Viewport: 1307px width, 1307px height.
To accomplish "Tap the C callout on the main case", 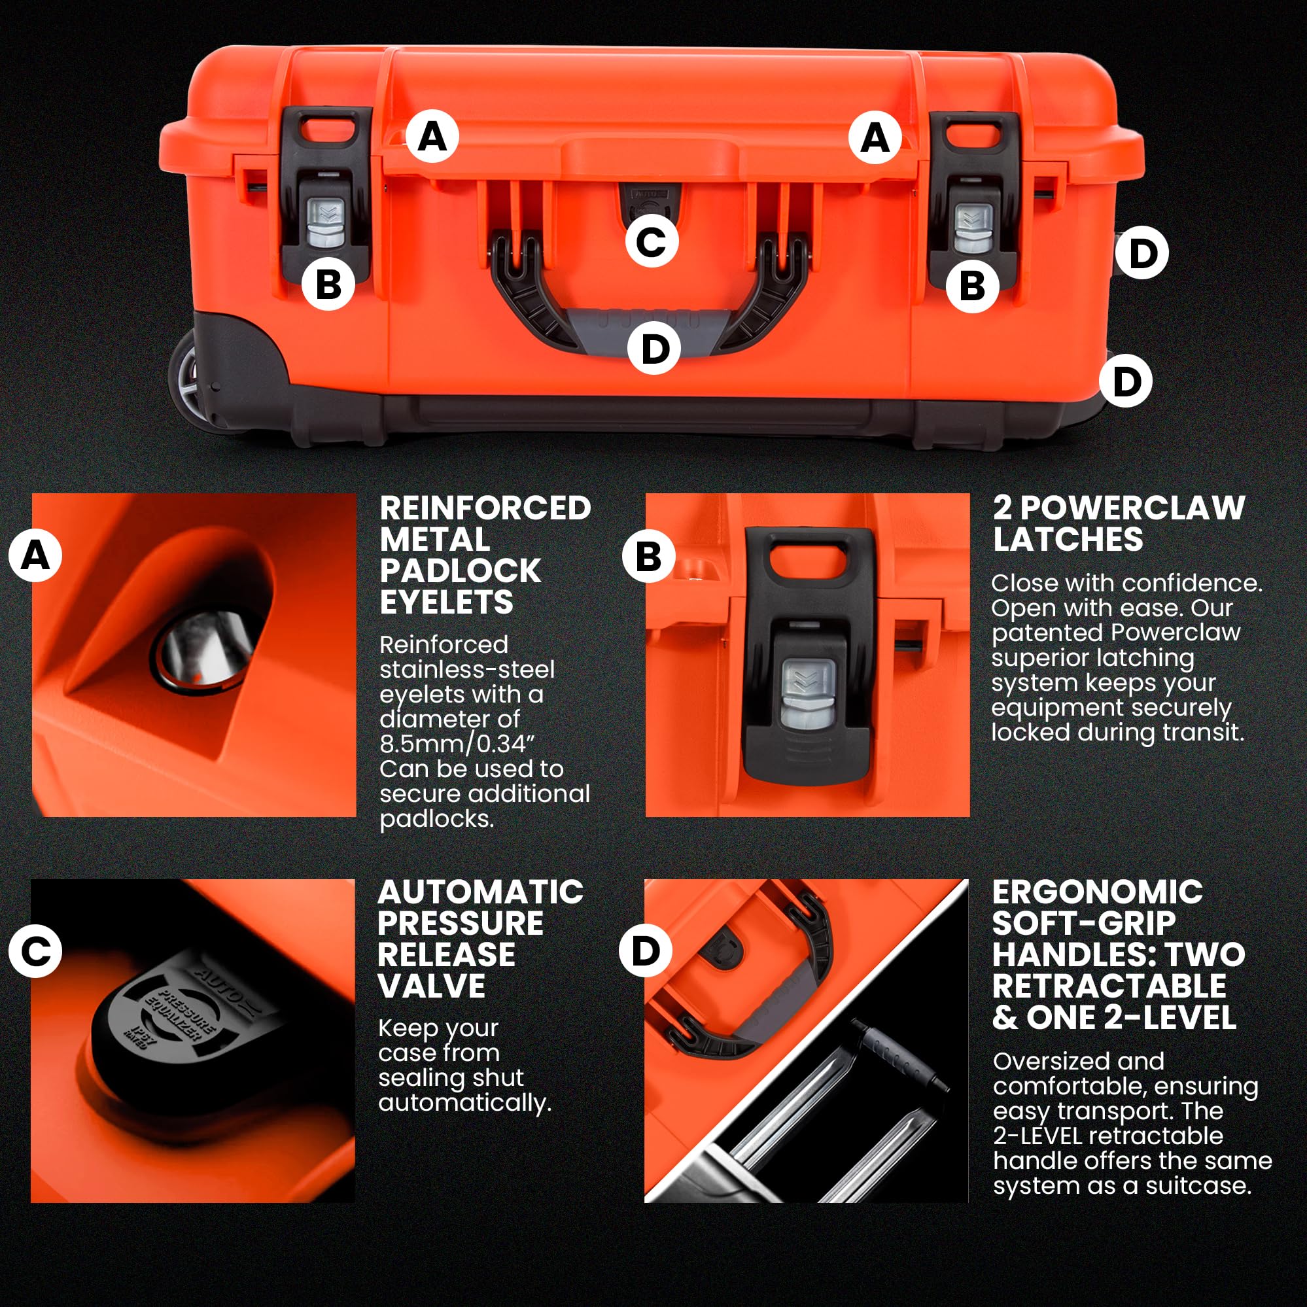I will coord(652,241).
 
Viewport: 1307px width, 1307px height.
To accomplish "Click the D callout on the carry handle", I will coord(653,349).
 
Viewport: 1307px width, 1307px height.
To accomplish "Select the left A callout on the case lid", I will coord(433,136).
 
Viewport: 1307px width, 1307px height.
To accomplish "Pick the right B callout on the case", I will coord(972,285).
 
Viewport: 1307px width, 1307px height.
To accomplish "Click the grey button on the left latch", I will coord(326,224).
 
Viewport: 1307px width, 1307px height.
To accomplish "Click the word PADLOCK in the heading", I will coord(460,571).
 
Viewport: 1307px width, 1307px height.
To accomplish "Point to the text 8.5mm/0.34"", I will coord(457,744).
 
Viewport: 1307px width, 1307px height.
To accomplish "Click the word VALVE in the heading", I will coord(432,986).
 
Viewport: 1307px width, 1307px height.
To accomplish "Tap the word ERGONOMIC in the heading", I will coord(1097,892).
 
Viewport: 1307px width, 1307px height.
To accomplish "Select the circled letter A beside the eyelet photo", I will coord(35,556).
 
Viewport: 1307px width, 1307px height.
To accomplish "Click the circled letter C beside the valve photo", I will coord(35,951).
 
